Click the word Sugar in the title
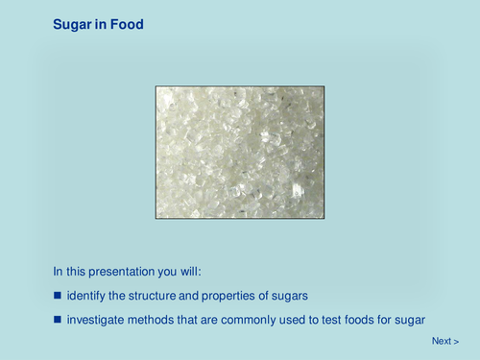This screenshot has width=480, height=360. coord(72,24)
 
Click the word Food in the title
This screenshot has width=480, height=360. coord(126,24)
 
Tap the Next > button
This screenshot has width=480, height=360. coord(445,341)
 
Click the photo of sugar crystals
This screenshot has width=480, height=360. coord(240,152)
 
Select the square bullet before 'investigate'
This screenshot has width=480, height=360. coord(57,319)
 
